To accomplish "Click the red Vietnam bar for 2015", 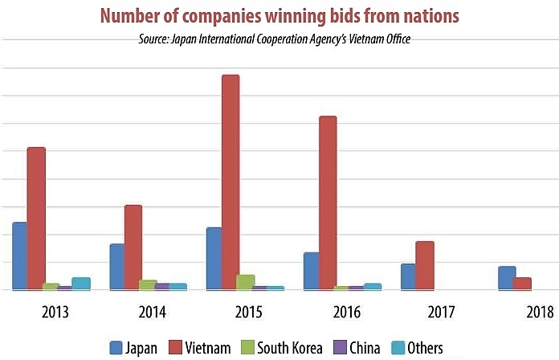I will [231, 182].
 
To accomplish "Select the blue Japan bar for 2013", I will [20, 256].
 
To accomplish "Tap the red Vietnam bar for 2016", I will [328, 202].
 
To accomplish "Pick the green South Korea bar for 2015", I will [246, 281].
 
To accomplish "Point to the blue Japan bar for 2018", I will [507, 277].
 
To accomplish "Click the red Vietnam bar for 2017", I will [425, 265].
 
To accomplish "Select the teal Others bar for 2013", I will [81, 283].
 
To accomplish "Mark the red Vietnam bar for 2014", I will [133, 247].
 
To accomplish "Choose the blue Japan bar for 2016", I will [311, 271].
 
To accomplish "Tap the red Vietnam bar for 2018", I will [523, 283].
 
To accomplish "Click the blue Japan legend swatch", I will [116, 348].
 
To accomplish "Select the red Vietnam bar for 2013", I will [36, 218].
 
